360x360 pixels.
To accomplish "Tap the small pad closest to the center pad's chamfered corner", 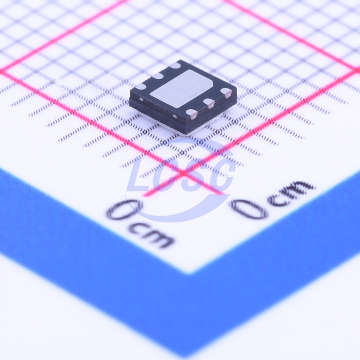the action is (x=226, y=92).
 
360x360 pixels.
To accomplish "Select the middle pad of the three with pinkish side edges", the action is (x=209, y=103).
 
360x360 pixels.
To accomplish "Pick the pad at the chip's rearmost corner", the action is (x=176, y=66).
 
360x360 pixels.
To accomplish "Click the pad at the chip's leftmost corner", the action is (x=141, y=86).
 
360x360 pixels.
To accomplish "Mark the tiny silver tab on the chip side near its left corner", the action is (x=141, y=100).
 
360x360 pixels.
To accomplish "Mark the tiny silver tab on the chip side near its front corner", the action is (x=175, y=116).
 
